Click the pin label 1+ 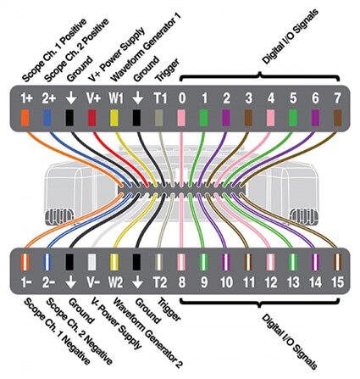coord(26,98)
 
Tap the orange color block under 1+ coord(25,118)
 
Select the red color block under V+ coord(91,118)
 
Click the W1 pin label coord(116,98)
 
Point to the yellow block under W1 coord(114,118)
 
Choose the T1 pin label coord(160,98)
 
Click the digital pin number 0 coord(182,98)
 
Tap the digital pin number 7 coord(337,98)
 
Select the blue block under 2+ coord(47,118)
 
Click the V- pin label coord(93,282)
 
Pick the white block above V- coord(92,262)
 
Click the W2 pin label coord(116,282)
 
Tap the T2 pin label coord(160,282)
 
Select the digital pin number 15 coord(338,282)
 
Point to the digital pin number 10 coord(226,282)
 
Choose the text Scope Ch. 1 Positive coord(54,50)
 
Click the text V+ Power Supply coord(117,54)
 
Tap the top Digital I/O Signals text coord(291,36)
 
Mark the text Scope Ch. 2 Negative coord(80,331)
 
